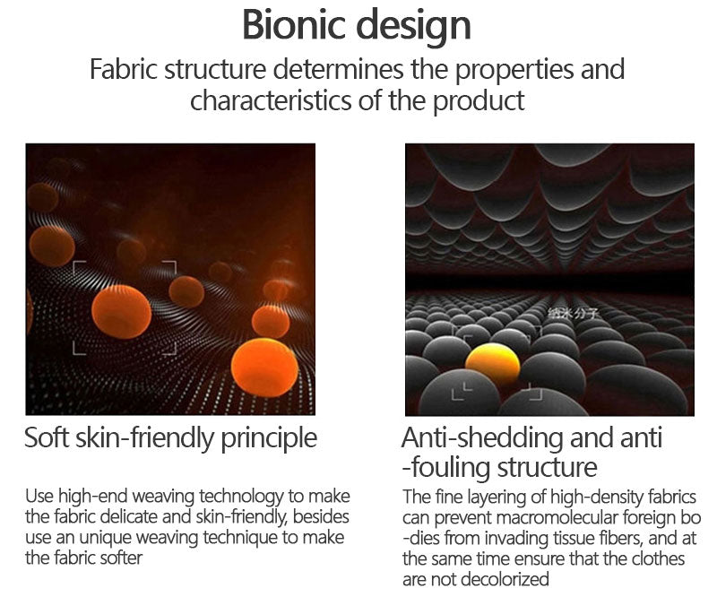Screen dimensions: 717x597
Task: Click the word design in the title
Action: pos(413,28)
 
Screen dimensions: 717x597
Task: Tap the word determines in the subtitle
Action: pos(338,69)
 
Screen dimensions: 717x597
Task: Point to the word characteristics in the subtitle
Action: pos(271,100)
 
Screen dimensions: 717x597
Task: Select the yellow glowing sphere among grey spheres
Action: pos(492,364)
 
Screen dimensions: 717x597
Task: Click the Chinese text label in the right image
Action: pos(573,313)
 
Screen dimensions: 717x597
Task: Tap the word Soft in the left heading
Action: pos(47,437)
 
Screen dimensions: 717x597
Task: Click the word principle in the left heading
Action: pos(269,439)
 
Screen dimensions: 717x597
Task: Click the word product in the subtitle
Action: pos(479,101)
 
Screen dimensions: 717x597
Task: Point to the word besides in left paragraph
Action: pos(321,517)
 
